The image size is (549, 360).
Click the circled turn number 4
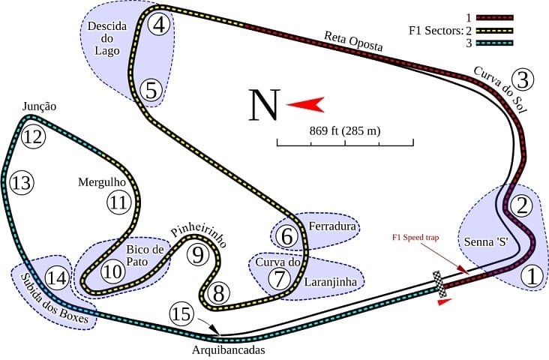point(159,24)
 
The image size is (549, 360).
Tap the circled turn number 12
point(31,137)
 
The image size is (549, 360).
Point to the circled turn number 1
point(531,277)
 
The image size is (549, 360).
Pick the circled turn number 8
point(217,292)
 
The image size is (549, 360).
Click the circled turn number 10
point(113,271)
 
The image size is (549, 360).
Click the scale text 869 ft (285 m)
point(345,131)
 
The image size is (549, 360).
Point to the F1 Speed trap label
point(415,237)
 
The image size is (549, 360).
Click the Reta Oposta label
point(353,41)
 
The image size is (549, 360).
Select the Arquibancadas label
point(228,349)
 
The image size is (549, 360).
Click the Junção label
point(39,106)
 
